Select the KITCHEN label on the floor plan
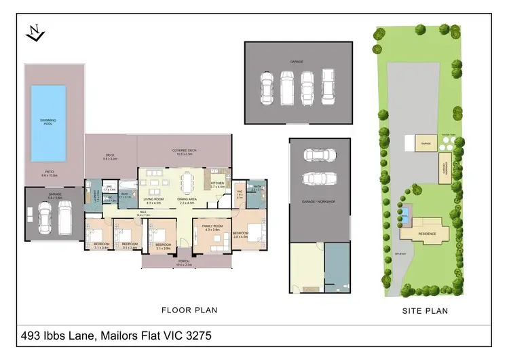[216, 183]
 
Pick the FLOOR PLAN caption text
[189, 310]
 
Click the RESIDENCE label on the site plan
[426, 234]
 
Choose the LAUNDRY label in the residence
[88, 197]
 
